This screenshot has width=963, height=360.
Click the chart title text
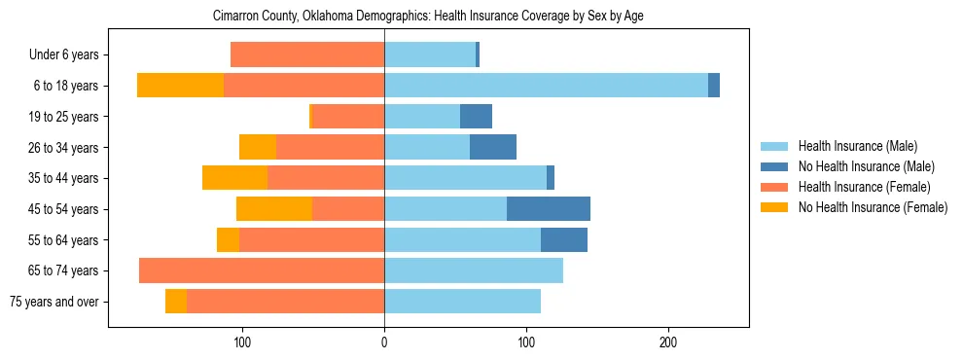[428, 17]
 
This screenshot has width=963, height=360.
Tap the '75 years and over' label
[53, 302]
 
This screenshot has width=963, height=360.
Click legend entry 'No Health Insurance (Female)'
[873, 207]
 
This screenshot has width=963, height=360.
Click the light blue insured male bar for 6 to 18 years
[546, 86]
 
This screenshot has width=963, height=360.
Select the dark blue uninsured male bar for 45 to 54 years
[549, 209]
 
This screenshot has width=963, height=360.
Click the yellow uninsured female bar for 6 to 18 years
[180, 86]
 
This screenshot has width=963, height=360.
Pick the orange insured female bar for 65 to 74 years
[262, 270]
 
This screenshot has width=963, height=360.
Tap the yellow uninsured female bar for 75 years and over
[176, 302]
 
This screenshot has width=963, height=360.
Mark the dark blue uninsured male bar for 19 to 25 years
[476, 117]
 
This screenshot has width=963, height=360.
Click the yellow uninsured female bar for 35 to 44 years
[234, 178]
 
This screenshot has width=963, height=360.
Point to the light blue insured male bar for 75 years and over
[462, 302]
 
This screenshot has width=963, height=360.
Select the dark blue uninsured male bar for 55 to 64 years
[564, 240]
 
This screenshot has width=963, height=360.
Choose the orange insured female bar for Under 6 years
[307, 55]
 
